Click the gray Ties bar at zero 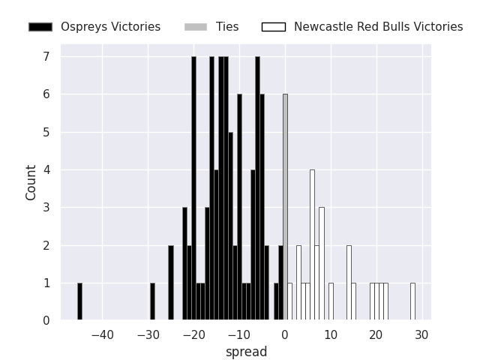coord(285,208)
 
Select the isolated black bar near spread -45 coord(79,301)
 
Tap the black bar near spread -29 coord(152,301)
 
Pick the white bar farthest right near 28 coord(412,301)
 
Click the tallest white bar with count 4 coord(312,245)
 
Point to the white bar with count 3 coord(321,264)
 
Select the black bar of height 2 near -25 coord(171,283)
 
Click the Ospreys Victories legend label coord(110,27)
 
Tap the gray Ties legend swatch coord(195,27)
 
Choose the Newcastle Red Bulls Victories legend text coord(378,27)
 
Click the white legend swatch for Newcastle coord(274,27)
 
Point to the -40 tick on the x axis coord(103,334)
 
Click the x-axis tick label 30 coord(421,334)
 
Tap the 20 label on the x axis coord(376,334)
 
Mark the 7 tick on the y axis coord(46,57)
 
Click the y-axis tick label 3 coord(46,208)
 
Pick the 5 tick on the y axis coord(46,133)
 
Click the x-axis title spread coord(246,352)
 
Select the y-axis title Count coord(31,182)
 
